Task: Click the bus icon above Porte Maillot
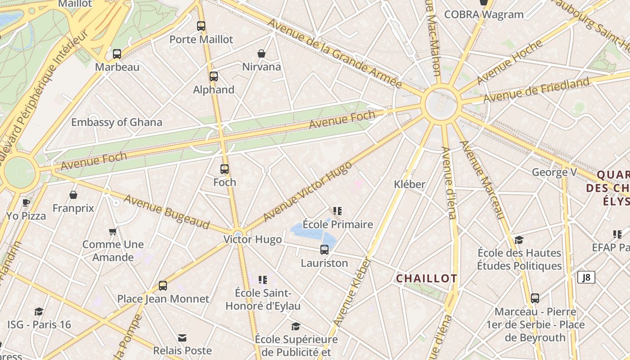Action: pos(201,26)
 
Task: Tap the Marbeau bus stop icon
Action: pos(117,54)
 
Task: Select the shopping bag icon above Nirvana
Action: pos(261,54)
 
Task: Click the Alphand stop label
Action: pos(214,90)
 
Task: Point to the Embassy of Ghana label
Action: pos(117,122)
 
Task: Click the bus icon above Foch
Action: pos(225,169)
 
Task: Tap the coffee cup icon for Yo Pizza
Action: pos(26,202)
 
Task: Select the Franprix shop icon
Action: pos(73,195)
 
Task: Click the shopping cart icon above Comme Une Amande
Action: pos(113,232)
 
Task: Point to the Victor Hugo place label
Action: pos(253,239)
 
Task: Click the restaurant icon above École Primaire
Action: pos(337,211)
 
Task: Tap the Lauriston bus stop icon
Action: pos(324,249)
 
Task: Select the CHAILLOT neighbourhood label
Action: pos(427,279)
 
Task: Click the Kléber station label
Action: pos(409,184)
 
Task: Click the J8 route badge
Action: pos(586,277)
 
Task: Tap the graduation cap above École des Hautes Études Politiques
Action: pos(519,239)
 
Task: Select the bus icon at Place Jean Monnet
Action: pos(163,285)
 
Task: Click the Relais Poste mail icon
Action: pos(182,337)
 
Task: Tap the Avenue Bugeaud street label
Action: pos(167,211)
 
